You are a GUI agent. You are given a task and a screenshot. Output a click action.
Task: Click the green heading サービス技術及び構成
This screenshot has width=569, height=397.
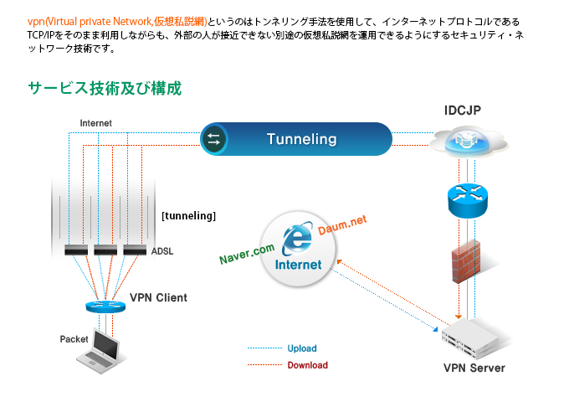click(x=105, y=88)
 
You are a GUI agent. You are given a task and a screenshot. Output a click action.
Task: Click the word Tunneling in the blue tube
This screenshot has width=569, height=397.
click(x=301, y=139)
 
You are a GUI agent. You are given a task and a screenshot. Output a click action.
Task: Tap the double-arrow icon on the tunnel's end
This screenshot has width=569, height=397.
click(x=213, y=139)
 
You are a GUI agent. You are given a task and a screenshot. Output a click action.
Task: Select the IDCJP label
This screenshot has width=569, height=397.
click(x=463, y=111)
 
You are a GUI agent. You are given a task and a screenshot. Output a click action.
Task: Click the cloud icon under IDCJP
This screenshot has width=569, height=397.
click(x=467, y=142)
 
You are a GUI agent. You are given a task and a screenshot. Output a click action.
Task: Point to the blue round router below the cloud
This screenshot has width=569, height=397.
click(x=466, y=194)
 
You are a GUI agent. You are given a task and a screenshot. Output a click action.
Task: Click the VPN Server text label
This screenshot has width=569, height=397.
click(x=474, y=368)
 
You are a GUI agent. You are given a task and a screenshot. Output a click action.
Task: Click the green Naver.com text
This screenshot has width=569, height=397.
click(x=247, y=249)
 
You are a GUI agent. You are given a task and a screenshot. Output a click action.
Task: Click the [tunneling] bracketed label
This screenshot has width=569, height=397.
click(x=188, y=216)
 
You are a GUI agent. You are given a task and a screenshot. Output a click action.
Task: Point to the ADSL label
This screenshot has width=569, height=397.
click(x=163, y=250)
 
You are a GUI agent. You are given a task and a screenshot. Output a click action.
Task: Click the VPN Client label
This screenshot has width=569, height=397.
click(x=158, y=297)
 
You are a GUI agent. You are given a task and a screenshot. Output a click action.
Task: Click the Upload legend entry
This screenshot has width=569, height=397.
click(x=301, y=348)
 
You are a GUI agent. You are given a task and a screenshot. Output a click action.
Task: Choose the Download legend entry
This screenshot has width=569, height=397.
click(x=307, y=365)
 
